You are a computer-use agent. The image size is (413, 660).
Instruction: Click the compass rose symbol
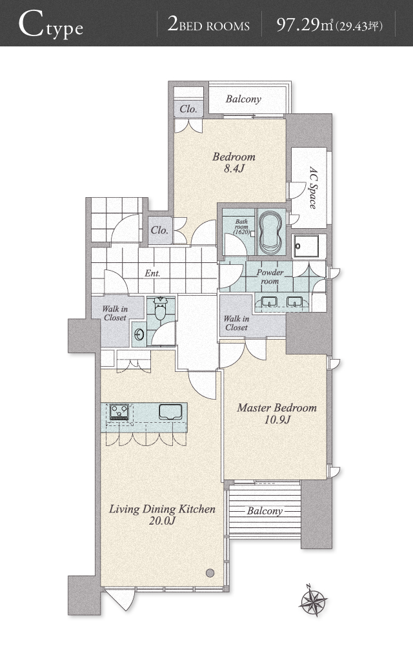pyautogui.click(x=313, y=599)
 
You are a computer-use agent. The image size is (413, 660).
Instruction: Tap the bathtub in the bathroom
pyautogui.click(x=270, y=232)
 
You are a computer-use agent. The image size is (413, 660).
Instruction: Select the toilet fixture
pyautogui.click(x=160, y=309)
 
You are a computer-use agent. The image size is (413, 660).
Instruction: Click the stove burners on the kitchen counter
pyautogui.click(x=119, y=412)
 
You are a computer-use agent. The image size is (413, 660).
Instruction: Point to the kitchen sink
pyautogui.click(x=170, y=411)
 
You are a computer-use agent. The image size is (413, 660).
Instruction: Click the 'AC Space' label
pyautogui.click(x=314, y=188)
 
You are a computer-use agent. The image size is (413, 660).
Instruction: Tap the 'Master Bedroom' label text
pyautogui.click(x=277, y=407)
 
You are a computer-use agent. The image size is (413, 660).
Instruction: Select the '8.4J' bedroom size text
pyautogui.click(x=234, y=169)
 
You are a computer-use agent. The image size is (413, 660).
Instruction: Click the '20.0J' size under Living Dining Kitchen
pyautogui.click(x=162, y=521)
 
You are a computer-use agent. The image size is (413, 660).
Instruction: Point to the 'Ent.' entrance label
pyautogui.click(x=152, y=273)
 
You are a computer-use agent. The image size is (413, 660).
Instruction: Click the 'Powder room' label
pyautogui.click(x=270, y=277)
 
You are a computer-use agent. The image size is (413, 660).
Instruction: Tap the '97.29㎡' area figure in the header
pyautogui.click(x=305, y=25)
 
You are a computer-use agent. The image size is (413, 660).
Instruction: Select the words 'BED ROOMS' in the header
pyautogui.click(x=214, y=26)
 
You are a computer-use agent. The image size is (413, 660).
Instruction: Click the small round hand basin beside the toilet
pyautogui.click(x=139, y=335)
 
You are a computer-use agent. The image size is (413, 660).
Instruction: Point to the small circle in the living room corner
pyautogui.click(x=210, y=573)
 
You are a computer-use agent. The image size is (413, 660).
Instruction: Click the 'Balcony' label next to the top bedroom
pyautogui.click(x=243, y=99)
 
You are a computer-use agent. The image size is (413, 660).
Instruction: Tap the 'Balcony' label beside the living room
pyautogui.click(x=265, y=511)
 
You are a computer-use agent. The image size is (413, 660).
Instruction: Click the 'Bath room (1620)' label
pyautogui.click(x=242, y=226)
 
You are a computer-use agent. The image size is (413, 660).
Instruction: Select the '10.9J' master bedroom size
pyautogui.click(x=277, y=420)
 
